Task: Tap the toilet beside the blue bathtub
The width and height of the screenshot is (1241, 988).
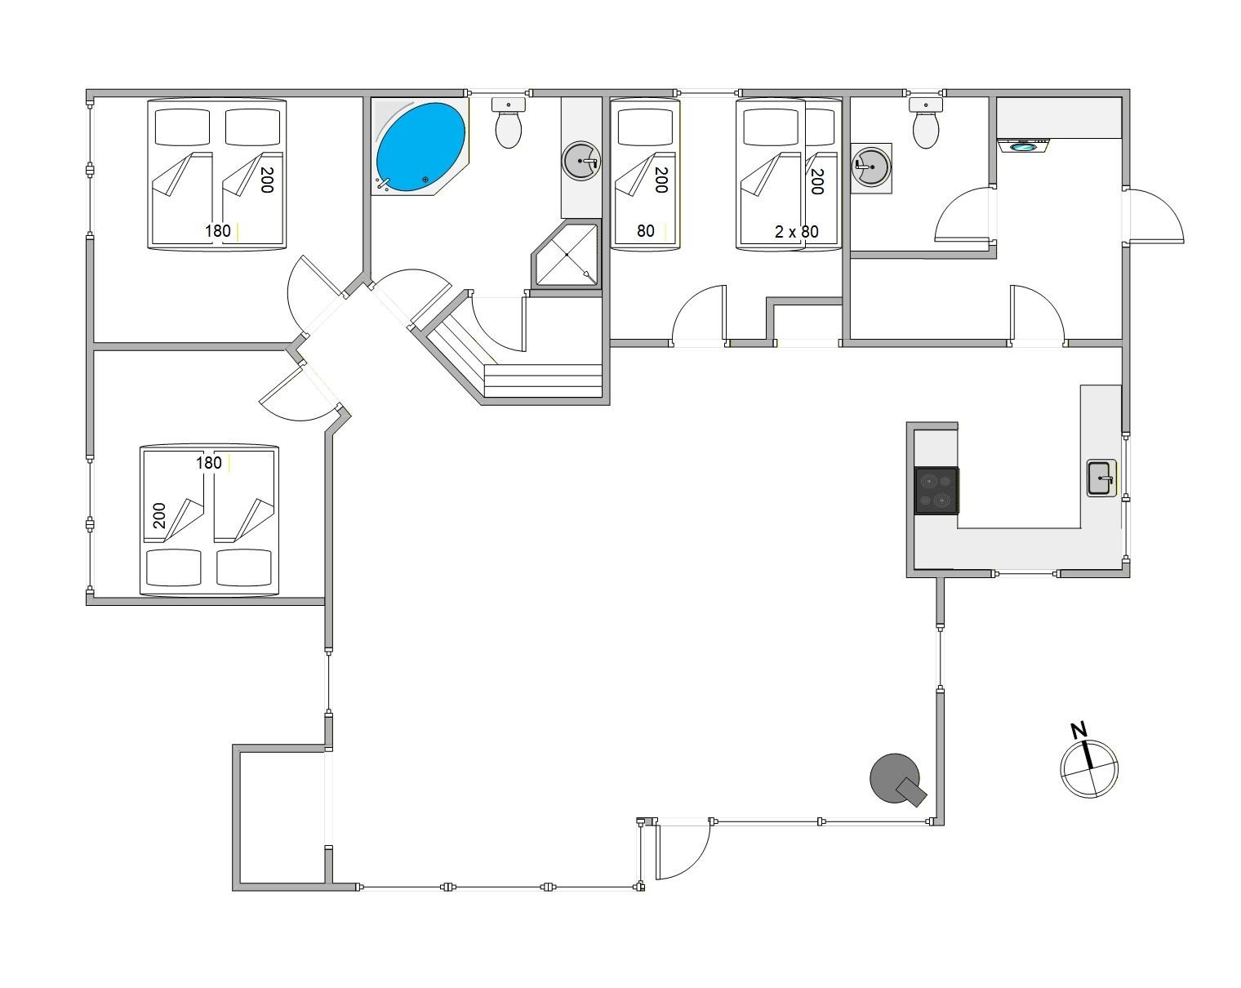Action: pyautogui.click(x=508, y=122)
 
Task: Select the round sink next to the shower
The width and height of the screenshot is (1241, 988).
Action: pyautogui.click(x=580, y=161)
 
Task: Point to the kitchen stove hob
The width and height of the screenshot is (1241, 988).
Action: pyautogui.click(x=936, y=490)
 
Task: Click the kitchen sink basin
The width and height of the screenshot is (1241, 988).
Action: pyautogui.click(x=1101, y=478)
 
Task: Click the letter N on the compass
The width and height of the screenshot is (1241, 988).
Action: pyautogui.click(x=1079, y=731)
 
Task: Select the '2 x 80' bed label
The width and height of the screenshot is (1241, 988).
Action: pyautogui.click(x=796, y=232)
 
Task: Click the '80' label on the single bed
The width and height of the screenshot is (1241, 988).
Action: pyautogui.click(x=645, y=231)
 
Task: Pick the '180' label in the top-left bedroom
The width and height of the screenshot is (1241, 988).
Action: pyautogui.click(x=218, y=231)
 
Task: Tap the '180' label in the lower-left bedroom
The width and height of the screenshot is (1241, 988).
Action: pyautogui.click(x=209, y=463)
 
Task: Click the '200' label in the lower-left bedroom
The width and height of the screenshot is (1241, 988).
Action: pyautogui.click(x=160, y=515)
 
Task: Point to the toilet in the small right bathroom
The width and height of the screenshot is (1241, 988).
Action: pyautogui.click(x=926, y=122)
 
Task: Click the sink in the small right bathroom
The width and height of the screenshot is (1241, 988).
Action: pyautogui.click(x=871, y=168)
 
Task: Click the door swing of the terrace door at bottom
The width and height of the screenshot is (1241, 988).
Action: pyautogui.click(x=683, y=852)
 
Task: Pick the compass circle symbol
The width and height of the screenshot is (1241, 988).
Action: pyautogui.click(x=1089, y=769)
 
